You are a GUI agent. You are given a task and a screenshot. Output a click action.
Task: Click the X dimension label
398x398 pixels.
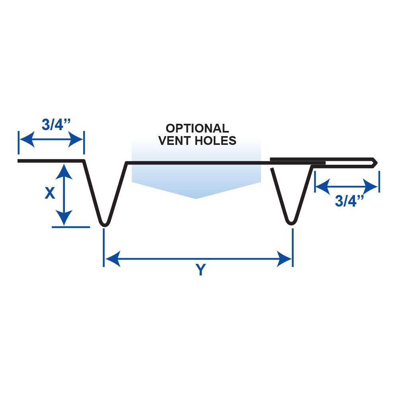coord(50,193)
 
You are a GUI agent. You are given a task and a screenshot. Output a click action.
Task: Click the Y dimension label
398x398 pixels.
coord(201,271)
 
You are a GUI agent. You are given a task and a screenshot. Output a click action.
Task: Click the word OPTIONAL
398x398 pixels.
coord(197,129)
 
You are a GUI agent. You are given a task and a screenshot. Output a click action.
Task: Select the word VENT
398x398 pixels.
coord(176,140)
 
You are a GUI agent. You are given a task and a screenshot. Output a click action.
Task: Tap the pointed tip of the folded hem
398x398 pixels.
coord(376,162)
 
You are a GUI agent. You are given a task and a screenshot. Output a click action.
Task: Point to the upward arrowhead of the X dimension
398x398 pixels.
coord(64,169)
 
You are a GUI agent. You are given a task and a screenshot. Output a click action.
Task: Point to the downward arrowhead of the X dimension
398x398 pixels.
coord(64,220)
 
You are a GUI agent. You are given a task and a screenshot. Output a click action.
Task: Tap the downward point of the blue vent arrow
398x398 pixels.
coord(196,198)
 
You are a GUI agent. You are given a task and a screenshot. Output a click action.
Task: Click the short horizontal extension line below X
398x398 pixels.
coord(71,227)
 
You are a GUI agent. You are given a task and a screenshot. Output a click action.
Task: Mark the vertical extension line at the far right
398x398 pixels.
coord(379,181)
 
